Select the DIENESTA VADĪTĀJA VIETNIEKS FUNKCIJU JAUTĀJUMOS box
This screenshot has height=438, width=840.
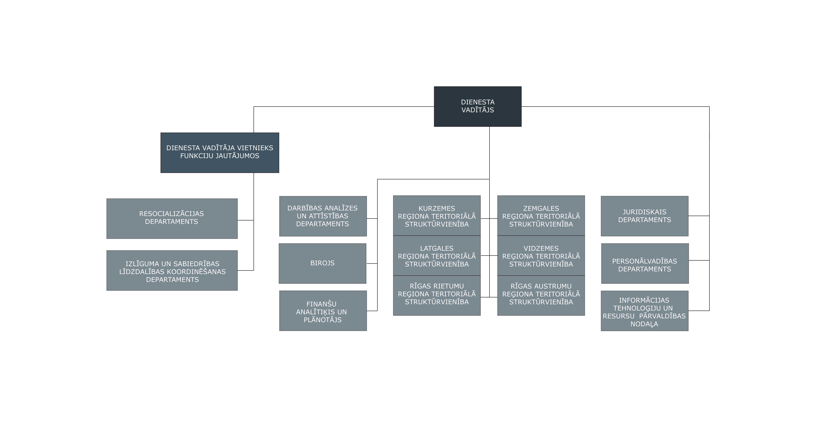point(220,153)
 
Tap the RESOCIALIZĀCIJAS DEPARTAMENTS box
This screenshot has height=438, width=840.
point(172,219)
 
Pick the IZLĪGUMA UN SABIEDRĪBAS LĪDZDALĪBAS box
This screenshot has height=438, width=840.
point(172,271)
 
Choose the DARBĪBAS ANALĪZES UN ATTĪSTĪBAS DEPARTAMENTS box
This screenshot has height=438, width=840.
point(323,216)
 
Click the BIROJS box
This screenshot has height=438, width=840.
point(323,263)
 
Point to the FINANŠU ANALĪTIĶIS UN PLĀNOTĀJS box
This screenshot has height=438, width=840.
point(323,311)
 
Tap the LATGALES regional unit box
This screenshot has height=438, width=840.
point(437,256)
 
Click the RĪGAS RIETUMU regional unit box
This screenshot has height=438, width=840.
point(437,295)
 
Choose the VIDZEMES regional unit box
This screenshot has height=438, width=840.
point(541,256)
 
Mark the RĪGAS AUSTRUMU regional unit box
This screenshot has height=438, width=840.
point(541,295)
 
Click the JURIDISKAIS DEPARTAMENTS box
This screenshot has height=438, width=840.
point(645,216)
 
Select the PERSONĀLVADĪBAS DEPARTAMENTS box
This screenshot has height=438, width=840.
point(645,263)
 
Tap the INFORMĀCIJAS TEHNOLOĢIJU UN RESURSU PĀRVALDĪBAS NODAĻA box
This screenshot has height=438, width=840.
point(645,311)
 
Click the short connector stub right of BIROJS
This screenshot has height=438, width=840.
point(372,263)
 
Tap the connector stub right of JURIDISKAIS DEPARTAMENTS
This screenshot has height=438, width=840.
point(699,216)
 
